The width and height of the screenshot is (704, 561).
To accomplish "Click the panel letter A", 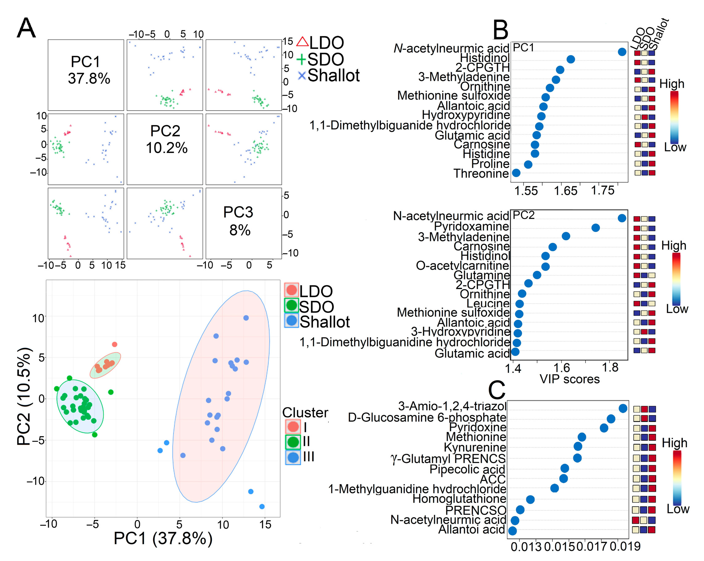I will [26, 28].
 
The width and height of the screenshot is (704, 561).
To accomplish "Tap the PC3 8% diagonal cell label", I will [239, 221].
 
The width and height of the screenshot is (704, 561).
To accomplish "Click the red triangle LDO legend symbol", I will [302, 42].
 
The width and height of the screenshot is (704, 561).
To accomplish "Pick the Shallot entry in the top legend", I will [333, 76].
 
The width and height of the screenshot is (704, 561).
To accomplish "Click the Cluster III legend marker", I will [293, 458].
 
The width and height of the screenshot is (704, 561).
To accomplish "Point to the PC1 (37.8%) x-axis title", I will [163, 538].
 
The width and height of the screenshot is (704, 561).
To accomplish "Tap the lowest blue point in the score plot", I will [262, 506].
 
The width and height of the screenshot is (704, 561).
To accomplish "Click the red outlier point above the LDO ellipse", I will [115, 344].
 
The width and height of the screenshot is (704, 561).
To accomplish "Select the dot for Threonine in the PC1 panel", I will [516, 173].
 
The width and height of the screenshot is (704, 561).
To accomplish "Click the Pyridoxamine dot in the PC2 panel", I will [595, 228].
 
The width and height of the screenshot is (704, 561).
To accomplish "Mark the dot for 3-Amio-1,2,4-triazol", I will [623, 408].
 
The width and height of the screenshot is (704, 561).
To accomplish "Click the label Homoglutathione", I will [459, 499].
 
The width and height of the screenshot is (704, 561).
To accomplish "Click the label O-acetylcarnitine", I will [462, 266].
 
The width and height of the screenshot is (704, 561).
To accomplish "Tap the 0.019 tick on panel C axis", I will [625, 546].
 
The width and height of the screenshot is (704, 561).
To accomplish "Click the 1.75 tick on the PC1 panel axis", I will [603, 190].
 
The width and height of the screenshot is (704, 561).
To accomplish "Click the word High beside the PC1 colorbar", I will [671, 84].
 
